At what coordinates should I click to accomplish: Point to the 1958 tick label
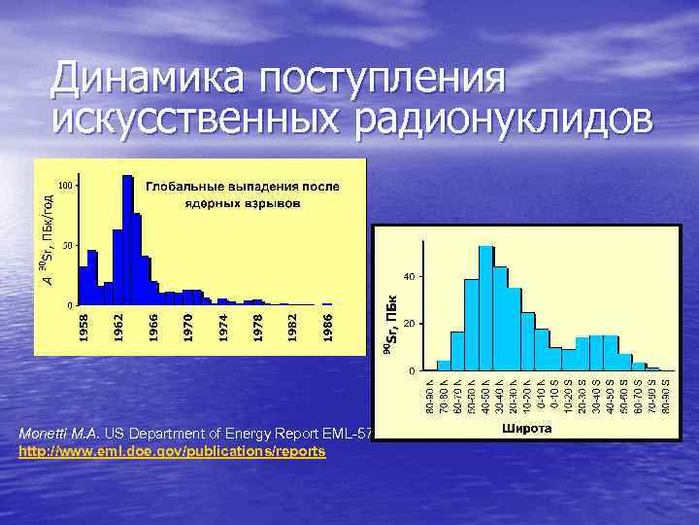click(84, 326)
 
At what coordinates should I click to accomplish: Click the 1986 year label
click(327, 326)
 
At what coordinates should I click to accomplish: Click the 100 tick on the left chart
click(65, 185)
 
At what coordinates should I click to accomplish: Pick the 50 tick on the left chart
click(65, 245)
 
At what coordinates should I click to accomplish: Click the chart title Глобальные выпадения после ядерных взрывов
click(243, 193)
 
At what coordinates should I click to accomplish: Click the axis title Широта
click(527, 428)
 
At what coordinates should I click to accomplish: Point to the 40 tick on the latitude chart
click(411, 277)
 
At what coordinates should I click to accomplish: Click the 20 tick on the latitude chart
click(411, 324)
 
